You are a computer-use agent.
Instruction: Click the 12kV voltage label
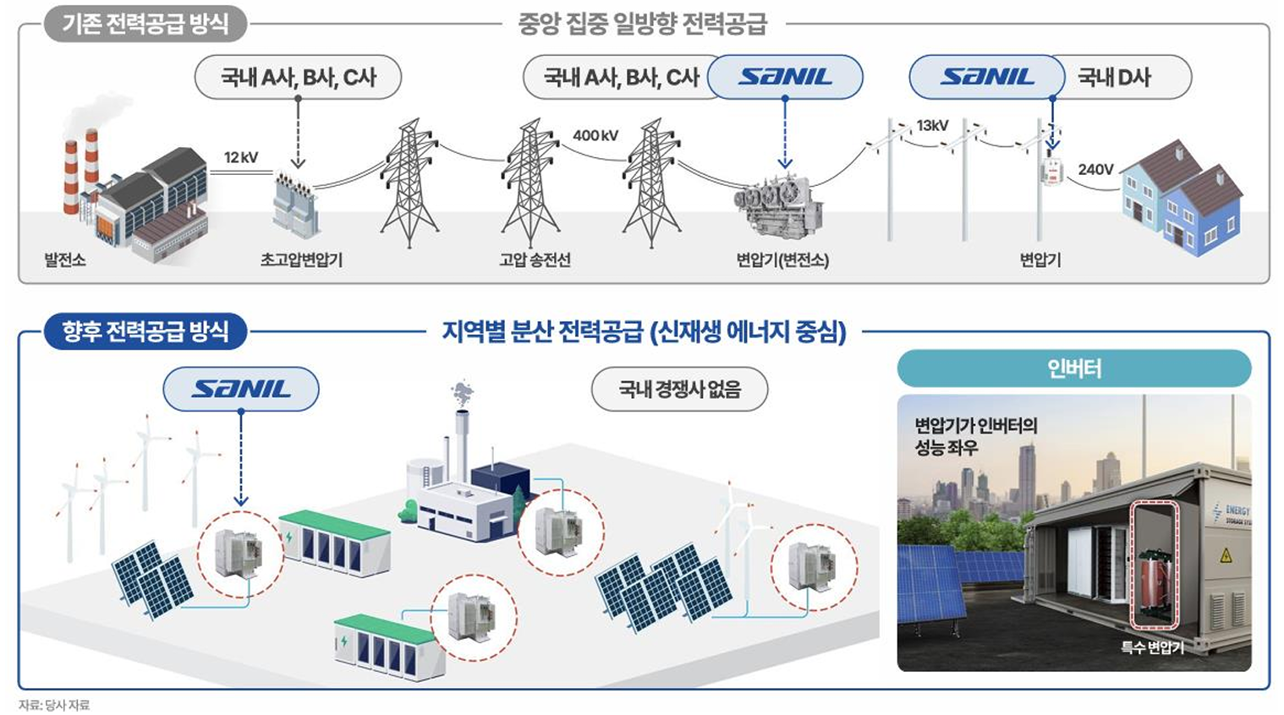pyautogui.click(x=241, y=157)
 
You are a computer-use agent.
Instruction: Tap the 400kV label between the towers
pyautogui.click(x=595, y=135)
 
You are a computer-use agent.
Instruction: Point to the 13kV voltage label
pyautogui.click(x=932, y=126)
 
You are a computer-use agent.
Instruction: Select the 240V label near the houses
pyautogui.click(x=1095, y=170)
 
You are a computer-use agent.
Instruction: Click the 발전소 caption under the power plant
pyautogui.click(x=65, y=259)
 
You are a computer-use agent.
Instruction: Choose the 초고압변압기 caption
pyautogui.click(x=301, y=259)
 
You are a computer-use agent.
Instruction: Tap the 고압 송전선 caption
pyautogui.click(x=535, y=259)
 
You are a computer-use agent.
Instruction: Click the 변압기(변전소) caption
pyautogui.click(x=782, y=259)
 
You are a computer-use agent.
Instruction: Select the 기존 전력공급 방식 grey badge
pyautogui.click(x=145, y=24)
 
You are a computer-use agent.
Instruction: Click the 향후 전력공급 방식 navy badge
pyautogui.click(x=145, y=330)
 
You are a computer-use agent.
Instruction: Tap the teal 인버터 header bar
pyautogui.click(x=1073, y=368)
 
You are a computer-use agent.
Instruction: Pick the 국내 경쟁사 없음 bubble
pyautogui.click(x=679, y=389)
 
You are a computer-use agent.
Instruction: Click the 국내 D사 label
pyautogui.click(x=1114, y=78)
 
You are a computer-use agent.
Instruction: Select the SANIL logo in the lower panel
pyautogui.click(x=241, y=389)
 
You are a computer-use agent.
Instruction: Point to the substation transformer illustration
pyautogui.click(x=778, y=207)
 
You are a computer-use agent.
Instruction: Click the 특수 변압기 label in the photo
pyautogui.click(x=1152, y=647)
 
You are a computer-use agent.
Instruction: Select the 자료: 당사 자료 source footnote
pyautogui.click(x=54, y=705)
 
